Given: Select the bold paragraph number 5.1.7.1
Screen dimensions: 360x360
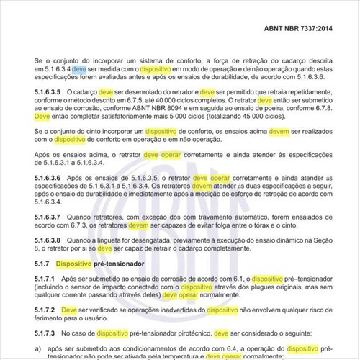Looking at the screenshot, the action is tap(45, 278).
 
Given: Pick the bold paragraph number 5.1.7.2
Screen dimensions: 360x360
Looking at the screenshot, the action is tap(45, 310).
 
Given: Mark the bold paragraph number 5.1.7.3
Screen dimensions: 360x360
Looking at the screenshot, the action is tap(45, 333).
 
